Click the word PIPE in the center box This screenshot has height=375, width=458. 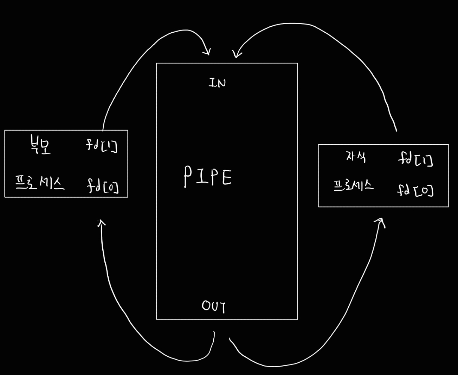[x=208, y=177]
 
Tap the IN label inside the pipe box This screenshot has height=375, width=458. [x=217, y=83]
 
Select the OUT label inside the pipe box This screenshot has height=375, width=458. [x=213, y=306]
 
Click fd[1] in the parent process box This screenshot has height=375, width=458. [x=102, y=145]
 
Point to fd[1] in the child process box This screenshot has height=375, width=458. [x=415, y=160]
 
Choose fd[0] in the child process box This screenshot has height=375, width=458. [x=415, y=191]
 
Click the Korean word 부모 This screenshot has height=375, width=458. [x=40, y=146]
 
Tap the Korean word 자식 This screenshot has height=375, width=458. [x=356, y=157]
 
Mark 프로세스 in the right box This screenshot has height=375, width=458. [x=353, y=185]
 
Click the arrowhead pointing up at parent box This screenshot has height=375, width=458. [x=102, y=223]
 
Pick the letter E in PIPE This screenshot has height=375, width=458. [x=226, y=178]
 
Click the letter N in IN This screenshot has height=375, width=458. [x=221, y=83]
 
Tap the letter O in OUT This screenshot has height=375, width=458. [x=205, y=305]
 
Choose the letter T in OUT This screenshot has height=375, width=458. [x=222, y=307]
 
